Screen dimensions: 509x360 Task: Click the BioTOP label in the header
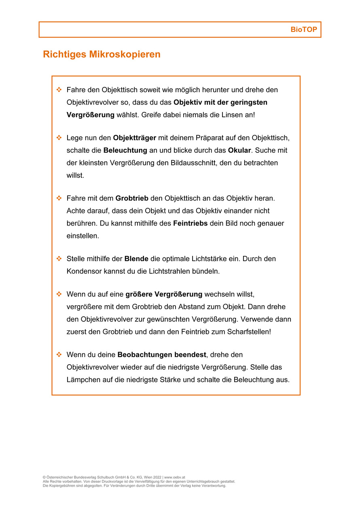point(303,30)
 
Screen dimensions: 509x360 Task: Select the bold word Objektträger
point(134,138)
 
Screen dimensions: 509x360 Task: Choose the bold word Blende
point(136,259)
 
